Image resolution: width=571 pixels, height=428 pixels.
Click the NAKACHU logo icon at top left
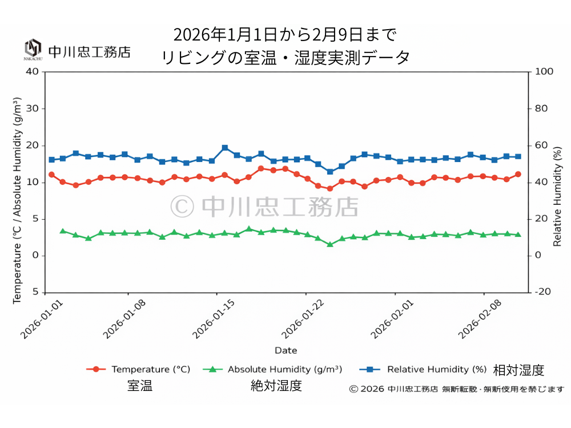(x=33, y=49)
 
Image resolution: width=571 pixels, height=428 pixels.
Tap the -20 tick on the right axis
(x=542, y=292)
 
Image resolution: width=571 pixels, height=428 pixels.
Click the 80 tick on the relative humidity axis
(x=541, y=108)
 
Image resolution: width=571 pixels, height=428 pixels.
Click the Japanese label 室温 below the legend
(x=140, y=386)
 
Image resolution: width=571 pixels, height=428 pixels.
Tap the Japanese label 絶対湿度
(x=276, y=386)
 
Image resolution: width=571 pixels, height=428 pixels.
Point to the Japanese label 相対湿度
(x=518, y=370)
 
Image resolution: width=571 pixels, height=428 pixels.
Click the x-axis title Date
(x=285, y=350)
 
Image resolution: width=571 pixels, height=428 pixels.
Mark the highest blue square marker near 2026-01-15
(x=225, y=148)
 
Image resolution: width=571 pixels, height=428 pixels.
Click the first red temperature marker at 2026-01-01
(x=51, y=175)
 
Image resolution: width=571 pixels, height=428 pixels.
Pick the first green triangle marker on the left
(x=63, y=231)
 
